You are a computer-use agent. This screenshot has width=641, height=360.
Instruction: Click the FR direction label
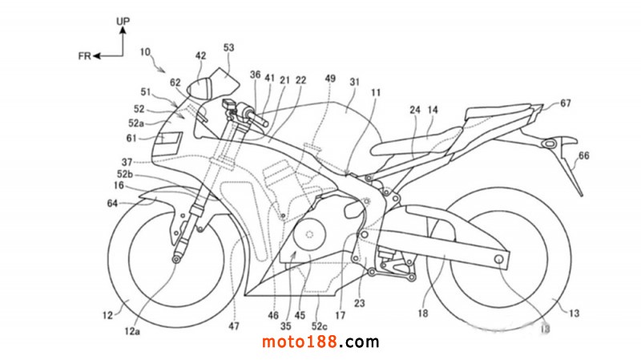pyautogui.click(x=83, y=56)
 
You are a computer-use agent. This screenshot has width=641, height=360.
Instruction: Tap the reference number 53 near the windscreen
pyautogui.click(x=229, y=49)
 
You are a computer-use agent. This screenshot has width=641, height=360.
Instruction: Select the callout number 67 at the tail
pyautogui.click(x=566, y=103)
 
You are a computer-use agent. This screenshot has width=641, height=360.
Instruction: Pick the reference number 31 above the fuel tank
pyautogui.click(x=354, y=82)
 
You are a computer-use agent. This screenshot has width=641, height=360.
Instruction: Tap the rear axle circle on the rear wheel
pyautogui.click(x=500, y=261)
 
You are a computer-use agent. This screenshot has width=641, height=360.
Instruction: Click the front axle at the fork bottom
pyautogui.click(x=175, y=258)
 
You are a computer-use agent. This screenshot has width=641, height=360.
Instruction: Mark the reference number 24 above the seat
pyautogui.click(x=415, y=110)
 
